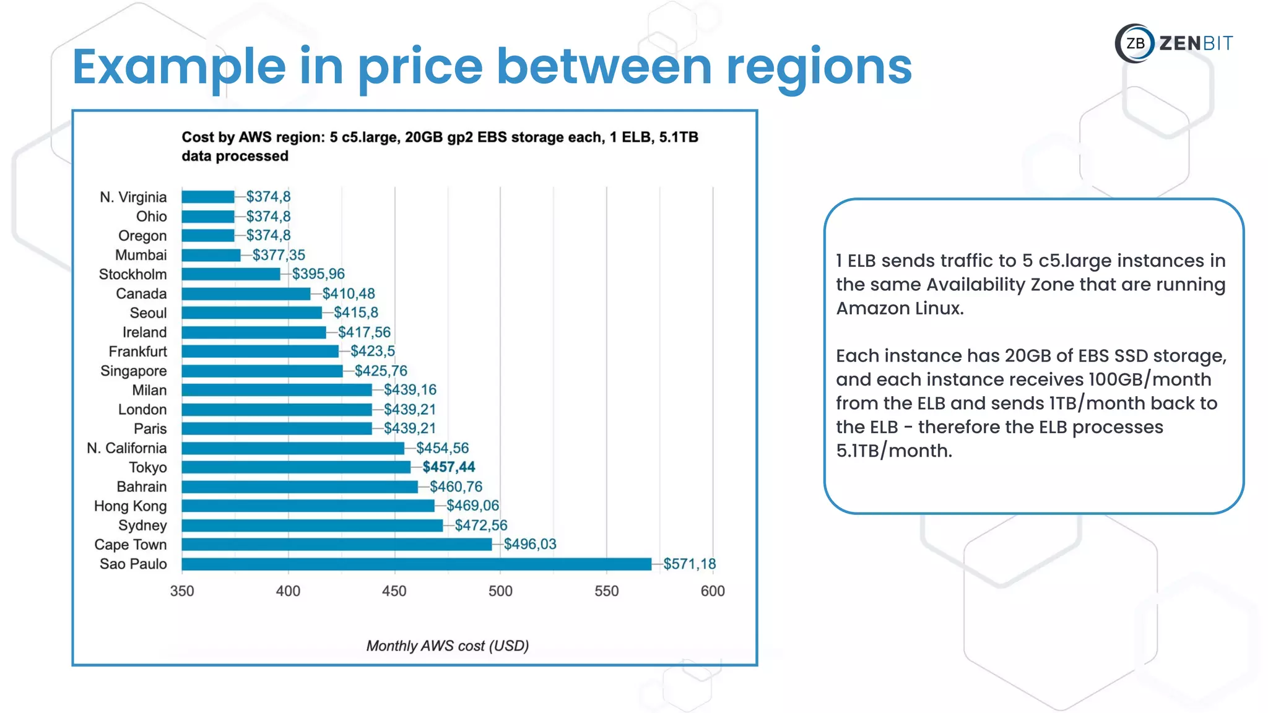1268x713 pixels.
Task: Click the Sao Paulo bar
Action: (416, 564)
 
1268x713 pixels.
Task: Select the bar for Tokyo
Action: (296, 467)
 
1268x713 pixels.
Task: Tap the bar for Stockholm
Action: (231, 274)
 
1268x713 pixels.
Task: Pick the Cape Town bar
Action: (337, 545)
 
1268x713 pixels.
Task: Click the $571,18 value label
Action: (689, 564)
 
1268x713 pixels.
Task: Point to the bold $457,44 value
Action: (448, 467)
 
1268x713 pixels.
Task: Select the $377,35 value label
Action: (279, 255)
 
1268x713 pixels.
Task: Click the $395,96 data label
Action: (318, 274)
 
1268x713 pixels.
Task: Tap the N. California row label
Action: (127, 448)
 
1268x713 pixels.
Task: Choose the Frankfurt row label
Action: (137, 352)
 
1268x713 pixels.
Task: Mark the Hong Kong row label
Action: (130, 506)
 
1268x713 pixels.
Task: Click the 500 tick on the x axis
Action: (500, 591)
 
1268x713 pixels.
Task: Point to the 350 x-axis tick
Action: (182, 591)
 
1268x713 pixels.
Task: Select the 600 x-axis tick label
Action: (713, 591)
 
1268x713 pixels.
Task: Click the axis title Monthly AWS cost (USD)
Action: (447, 646)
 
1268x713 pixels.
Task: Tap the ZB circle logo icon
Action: (1135, 43)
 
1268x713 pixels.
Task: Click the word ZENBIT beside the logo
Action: (1196, 43)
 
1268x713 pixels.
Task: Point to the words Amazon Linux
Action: (900, 308)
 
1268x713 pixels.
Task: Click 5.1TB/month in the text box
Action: (893, 451)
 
